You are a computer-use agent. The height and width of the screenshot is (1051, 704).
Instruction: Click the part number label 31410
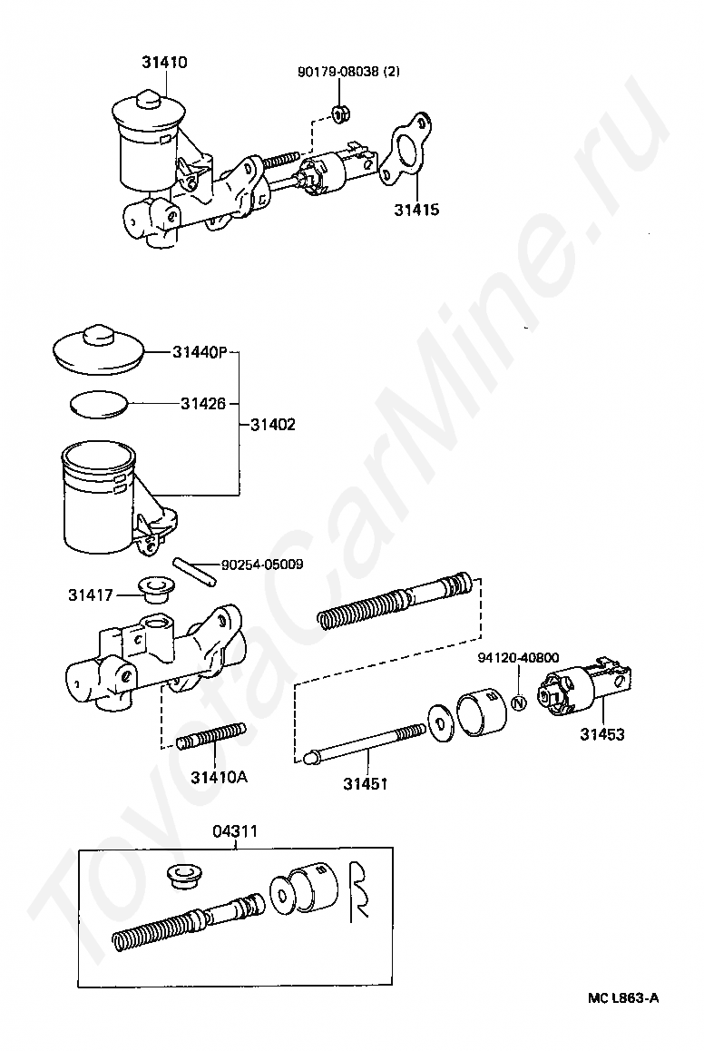tap(164, 63)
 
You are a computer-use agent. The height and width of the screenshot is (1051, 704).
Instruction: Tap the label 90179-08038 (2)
tap(348, 71)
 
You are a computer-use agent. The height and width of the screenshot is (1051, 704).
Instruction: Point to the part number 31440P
tap(200, 351)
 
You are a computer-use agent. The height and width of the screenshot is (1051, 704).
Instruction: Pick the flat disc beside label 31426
tap(99, 404)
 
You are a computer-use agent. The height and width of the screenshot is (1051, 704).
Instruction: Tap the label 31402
tap(273, 424)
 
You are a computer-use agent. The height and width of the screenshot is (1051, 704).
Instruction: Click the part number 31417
tap(91, 594)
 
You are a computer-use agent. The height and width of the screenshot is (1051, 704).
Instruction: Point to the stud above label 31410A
tap(211, 735)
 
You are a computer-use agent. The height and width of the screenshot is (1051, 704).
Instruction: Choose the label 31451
tap(366, 783)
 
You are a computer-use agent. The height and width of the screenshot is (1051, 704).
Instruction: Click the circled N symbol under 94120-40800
tap(518, 703)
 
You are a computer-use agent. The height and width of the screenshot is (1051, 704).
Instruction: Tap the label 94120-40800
tap(518, 657)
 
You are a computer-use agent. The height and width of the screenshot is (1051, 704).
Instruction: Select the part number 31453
tap(602, 734)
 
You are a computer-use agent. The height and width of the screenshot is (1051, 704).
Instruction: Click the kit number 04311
tap(235, 831)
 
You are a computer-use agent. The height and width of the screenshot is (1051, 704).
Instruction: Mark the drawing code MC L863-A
tap(623, 998)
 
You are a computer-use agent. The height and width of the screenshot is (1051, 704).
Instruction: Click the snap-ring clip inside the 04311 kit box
tap(358, 889)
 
